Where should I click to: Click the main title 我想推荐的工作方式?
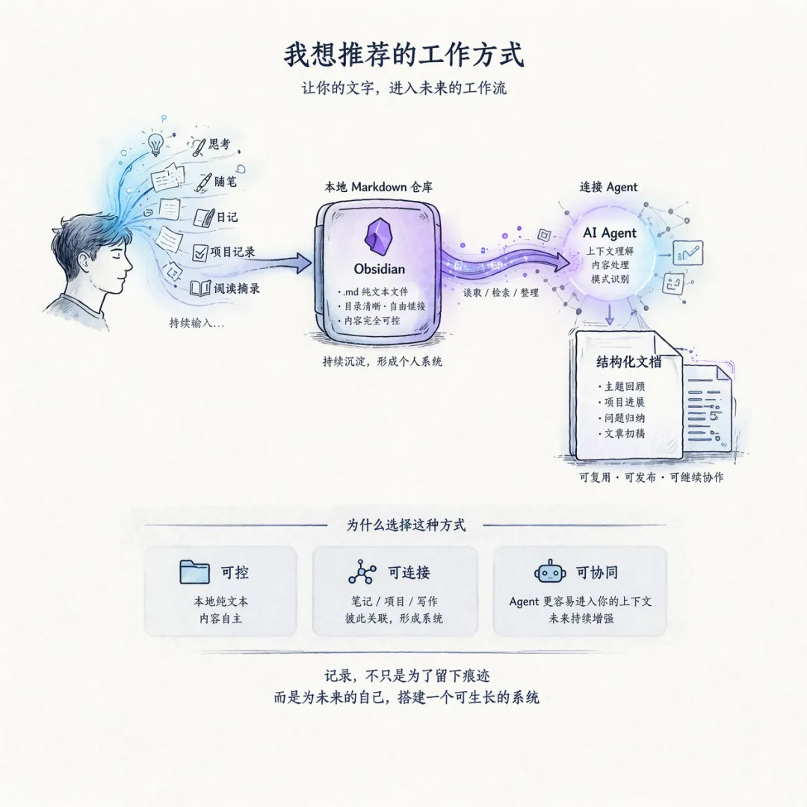(x=403, y=55)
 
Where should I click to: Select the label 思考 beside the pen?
(x=219, y=143)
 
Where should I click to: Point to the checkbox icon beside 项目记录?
(x=200, y=253)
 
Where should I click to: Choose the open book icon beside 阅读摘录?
(x=200, y=288)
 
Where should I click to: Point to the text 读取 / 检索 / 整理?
(x=501, y=293)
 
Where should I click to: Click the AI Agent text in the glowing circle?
(x=609, y=233)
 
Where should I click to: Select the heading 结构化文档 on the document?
(x=628, y=362)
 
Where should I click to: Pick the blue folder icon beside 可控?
(x=195, y=572)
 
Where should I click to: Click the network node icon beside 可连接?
(x=362, y=572)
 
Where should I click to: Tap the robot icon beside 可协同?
(x=550, y=572)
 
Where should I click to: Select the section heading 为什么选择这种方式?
(x=406, y=525)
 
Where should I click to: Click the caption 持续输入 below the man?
(x=198, y=324)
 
